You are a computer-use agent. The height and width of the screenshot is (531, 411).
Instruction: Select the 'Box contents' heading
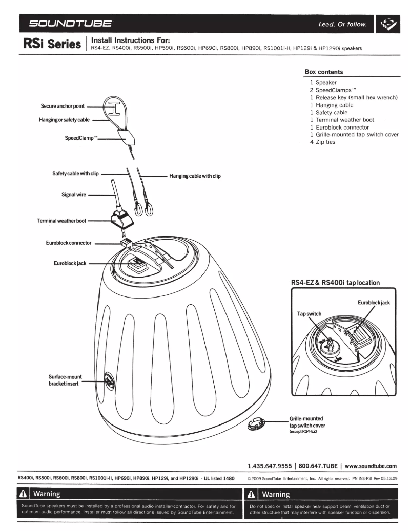(323, 72)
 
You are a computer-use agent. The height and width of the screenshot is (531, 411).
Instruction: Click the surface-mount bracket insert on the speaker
(109, 380)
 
